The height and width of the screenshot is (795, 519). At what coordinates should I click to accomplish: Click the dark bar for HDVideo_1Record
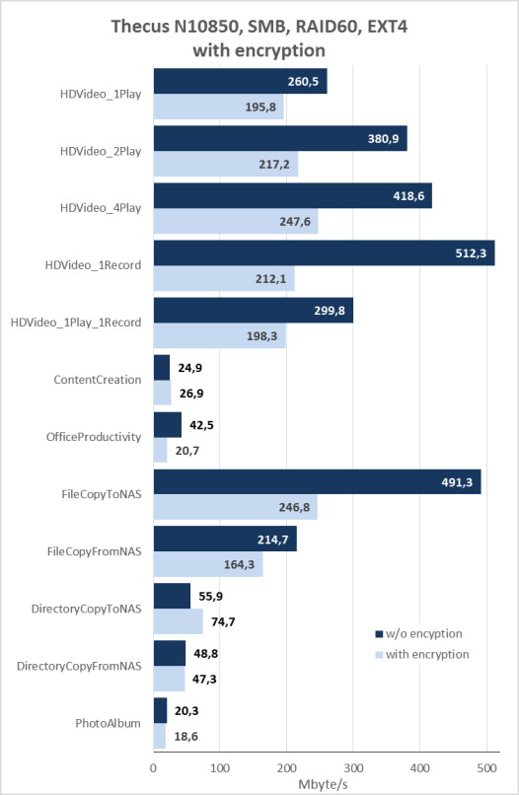[325, 253]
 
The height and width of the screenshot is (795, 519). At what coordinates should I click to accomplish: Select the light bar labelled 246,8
[236, 507]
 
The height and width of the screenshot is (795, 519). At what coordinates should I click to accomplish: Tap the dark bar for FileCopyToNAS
[317, 481]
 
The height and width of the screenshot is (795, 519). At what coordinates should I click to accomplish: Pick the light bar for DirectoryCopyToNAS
[178, 621]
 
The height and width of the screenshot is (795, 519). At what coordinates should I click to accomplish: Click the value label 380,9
[383, 138]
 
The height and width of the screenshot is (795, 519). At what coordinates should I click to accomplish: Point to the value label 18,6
[186, 736]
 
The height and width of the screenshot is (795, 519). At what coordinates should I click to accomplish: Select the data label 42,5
[201, 425]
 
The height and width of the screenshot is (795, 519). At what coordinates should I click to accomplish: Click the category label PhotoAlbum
[109, 723]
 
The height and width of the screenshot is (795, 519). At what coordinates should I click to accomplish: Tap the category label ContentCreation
[98, 380]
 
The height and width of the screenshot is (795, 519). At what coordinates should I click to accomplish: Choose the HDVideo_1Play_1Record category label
[76, 323]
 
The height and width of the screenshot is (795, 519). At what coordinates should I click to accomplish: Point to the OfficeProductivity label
[94, 437]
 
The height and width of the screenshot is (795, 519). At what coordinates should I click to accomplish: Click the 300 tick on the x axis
[353, 768]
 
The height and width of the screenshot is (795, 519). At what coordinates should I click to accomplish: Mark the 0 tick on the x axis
[154, 768]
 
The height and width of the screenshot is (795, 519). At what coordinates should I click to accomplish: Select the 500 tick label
[486, 768]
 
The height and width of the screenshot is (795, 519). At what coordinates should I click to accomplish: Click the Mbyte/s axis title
[324, 784]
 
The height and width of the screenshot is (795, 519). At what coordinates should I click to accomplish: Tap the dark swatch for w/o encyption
[379, 634]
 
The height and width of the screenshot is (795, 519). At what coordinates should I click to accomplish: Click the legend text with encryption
[427, 654]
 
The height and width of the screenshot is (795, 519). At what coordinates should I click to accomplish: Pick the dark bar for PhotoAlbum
[160, 710]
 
